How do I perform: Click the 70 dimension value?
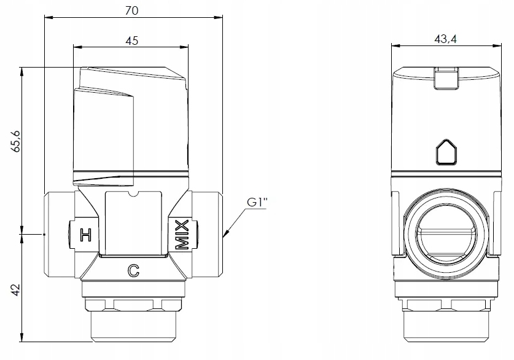131,10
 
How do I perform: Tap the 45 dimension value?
131,41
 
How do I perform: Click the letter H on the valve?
86,234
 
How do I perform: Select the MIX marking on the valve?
182,233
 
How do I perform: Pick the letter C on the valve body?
132,270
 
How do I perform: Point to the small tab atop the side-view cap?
446,77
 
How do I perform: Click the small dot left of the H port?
45,234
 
